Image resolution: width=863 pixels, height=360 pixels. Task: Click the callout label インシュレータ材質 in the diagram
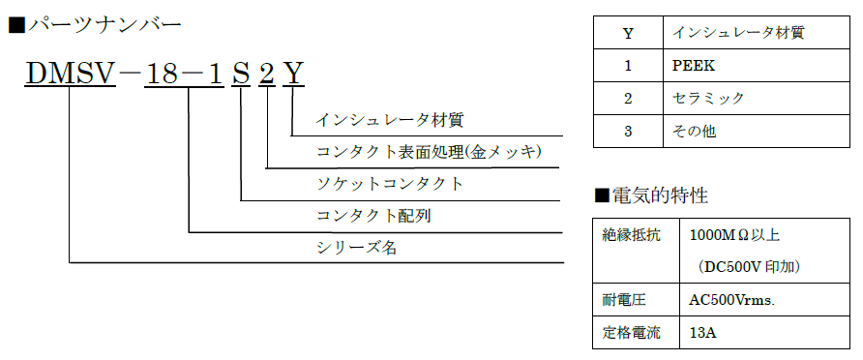pos(390,120)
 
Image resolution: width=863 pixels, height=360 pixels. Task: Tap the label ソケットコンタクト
pos(390,183)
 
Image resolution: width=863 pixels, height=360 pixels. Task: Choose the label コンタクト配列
pos(373,215)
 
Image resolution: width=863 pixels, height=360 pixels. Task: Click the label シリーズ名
pos(357,247)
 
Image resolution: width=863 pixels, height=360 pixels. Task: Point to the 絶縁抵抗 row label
pos(629,235)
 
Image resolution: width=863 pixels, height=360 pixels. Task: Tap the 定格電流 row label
pos(629,332)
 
